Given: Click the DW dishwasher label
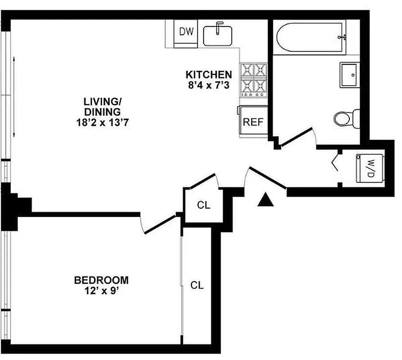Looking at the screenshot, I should pos(186,31).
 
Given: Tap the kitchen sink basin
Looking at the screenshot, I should pos(218,35).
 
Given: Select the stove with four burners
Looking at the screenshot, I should pos(254,80).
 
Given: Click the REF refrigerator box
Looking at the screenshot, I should pos(253,122).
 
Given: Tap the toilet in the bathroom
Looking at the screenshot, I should pos(346,118).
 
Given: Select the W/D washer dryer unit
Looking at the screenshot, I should pos(371,168).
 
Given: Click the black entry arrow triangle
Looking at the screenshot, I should pos(266,199).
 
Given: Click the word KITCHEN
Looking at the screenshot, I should pos(209,75).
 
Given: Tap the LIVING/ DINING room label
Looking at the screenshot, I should pos(102,106).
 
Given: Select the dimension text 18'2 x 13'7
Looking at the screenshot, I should pos(103,121).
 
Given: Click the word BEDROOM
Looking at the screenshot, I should pos(101,280).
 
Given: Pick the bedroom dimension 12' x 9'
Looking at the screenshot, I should pos(101,291).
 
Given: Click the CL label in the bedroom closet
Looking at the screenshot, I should pos(197,285).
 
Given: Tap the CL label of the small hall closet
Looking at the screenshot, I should pos(204,205).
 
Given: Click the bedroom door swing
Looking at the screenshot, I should pos(158,225).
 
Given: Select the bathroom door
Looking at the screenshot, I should pos(296,137).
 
